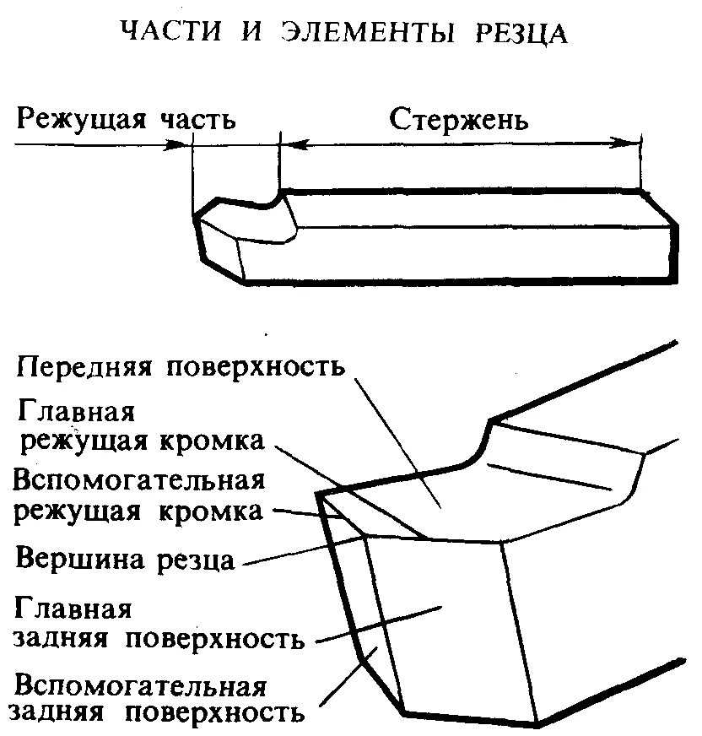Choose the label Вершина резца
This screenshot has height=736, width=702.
(x=125, y=560)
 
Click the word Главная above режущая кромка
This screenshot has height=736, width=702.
(x=75, y=414)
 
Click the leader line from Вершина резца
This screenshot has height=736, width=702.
(x=295, y=552)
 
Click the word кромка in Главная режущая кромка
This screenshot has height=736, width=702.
(x=228, y=442)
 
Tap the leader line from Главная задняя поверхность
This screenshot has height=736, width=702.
(x=380, y=625)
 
